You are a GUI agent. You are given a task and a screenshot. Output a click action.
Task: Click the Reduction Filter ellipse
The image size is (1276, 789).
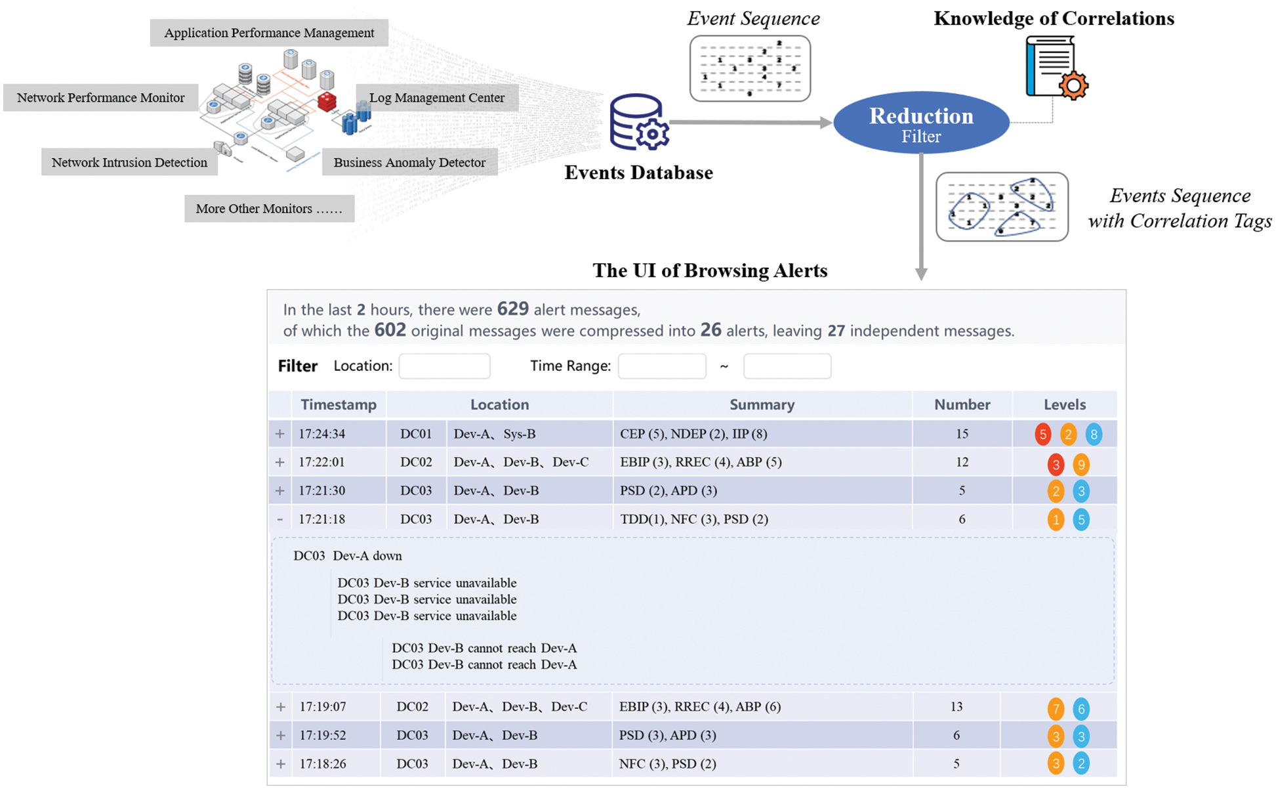(x=920, y=123)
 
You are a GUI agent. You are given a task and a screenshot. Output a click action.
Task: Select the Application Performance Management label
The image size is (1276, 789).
(x=269, y=33)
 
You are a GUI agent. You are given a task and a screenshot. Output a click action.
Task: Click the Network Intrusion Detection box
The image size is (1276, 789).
(x=129, y=162)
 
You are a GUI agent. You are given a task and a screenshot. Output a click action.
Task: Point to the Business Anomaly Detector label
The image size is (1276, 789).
(x=409, y=162)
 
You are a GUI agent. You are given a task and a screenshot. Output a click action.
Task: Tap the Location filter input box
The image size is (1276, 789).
(x=444, y=366)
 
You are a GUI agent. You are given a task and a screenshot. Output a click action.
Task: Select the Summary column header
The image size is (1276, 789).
(x=762, y=404)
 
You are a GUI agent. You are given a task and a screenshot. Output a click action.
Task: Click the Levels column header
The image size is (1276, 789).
(x=1064, y=404)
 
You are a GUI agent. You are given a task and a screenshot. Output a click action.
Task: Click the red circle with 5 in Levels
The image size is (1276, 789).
(x=1042, y=435)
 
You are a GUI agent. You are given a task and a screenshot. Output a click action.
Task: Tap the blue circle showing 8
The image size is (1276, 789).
(x=1093, y=435)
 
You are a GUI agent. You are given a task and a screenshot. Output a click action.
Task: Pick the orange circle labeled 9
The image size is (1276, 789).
(x=1080, y=465)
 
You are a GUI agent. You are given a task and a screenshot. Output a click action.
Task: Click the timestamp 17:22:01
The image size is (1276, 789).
(x=321, y=462)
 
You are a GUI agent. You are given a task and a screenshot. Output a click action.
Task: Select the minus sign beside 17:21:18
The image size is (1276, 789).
(x=280, y=519)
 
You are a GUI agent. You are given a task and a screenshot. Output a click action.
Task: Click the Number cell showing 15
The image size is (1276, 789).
(x=962, y=434)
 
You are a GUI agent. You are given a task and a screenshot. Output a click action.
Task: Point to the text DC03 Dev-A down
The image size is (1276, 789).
(x=348, y=556)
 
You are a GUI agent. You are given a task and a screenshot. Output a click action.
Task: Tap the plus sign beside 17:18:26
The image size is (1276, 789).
(x=281, y=764)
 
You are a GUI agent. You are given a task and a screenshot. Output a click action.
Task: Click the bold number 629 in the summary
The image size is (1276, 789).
(x=512, y=309)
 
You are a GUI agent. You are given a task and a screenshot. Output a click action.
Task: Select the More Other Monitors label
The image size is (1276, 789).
(x=269, y=209)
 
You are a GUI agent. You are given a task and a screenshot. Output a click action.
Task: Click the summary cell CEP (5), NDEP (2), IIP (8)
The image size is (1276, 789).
(x=693, y=434)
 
